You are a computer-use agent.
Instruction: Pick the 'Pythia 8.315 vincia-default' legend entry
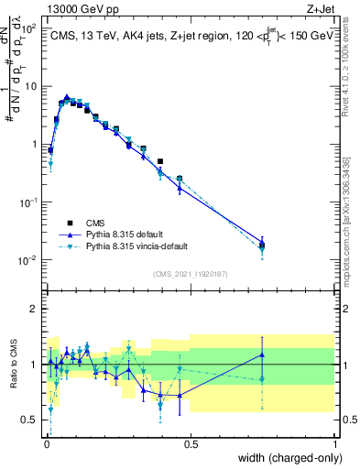point(138,246)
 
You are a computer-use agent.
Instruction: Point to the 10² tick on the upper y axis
point(31,28)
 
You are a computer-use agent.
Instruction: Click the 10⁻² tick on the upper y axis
point(29,260)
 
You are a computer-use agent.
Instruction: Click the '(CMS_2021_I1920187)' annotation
point(190,272)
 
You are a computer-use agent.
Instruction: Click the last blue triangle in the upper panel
point(262,242)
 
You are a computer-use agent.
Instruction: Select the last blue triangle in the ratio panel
point(262,354)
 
